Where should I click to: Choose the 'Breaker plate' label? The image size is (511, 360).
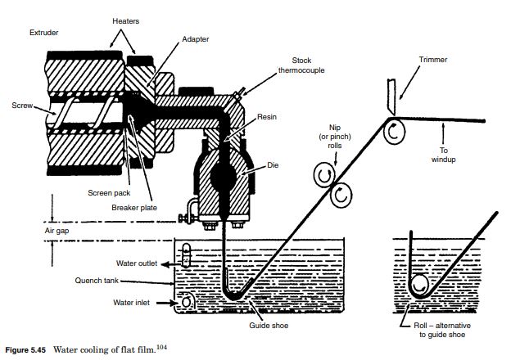coord(133,207)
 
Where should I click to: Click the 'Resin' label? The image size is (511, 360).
coord(267,118)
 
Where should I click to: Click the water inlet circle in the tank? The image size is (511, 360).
coord(188,302)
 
